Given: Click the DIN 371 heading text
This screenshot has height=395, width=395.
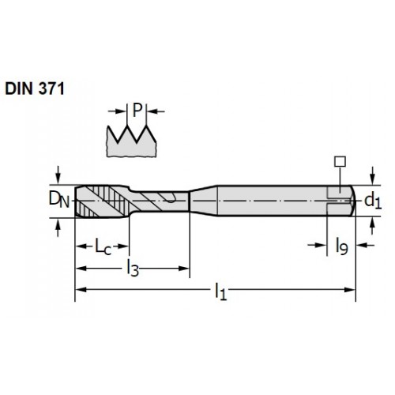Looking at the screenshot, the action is [x=35, y=88].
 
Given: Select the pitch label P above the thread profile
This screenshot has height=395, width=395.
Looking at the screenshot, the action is [x=137, y=110].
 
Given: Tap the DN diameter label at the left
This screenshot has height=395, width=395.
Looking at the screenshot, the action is [x=59, y=200].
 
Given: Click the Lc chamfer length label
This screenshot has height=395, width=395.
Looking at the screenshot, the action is [x=103, y=246].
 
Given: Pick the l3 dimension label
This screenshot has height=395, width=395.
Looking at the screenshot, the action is [x=133, y=268].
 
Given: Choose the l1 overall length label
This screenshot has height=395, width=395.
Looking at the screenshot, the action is [x=220, y=291].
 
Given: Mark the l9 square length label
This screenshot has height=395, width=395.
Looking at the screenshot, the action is [x=342, y=246].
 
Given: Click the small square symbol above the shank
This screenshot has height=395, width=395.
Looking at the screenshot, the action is [x=340, y=161].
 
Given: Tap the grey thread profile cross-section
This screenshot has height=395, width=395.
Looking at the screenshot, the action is [x=131, y=143].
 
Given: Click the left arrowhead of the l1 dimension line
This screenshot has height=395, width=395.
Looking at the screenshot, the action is [x=81, y=290].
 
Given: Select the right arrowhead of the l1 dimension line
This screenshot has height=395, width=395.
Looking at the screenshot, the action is [x=350, y=290].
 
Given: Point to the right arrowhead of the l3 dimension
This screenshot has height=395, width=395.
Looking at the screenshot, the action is [x=184, y=269].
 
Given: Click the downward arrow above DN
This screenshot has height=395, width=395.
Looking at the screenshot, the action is [x=58, y=175].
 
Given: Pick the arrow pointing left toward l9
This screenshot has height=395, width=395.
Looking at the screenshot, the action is [x=366, y=246].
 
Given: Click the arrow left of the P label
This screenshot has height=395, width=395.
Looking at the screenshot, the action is [x=117, y=111].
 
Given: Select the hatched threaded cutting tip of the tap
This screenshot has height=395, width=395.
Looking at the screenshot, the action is [x=102, y=201].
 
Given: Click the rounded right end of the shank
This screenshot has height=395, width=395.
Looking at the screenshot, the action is [x=352, y=201].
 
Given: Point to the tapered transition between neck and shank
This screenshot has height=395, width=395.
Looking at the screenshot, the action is [x=203, y=201].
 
